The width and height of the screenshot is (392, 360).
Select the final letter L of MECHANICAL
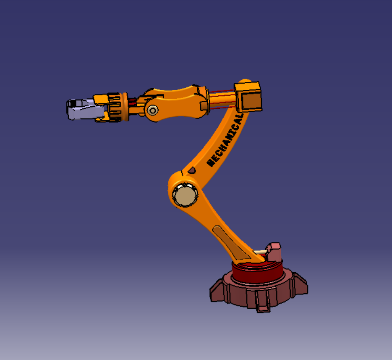tap(240, 116)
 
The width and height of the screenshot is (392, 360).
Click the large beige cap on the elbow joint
tap(185, 195)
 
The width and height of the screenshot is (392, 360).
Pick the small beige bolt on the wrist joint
tap(152, 110)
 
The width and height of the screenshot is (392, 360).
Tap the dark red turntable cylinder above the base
tap(258, 271)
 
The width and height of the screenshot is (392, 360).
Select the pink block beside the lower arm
tap(274, 252)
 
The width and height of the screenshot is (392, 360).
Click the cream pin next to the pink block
tap(260, 252)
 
